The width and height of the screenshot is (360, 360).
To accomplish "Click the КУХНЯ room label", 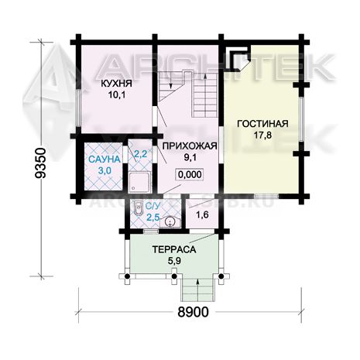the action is [x=116, y=84].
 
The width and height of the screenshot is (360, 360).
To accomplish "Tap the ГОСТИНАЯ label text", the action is [x=262, y=123].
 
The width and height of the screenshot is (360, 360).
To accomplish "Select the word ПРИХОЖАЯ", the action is [x=190, y=146].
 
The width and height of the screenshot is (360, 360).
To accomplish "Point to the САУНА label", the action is [x=105, y=159].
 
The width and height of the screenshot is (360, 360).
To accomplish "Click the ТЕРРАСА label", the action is [x=174, y=249].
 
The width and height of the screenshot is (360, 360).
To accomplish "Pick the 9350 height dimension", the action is [x=40, y=163].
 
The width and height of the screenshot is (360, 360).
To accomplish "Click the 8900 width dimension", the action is [x=193, y=312].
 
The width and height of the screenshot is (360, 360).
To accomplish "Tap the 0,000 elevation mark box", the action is [x=190, y=174].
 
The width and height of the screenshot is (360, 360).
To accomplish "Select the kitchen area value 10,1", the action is [x=117, y=94].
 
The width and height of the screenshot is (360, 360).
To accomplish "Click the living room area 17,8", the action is [x=262, y=135].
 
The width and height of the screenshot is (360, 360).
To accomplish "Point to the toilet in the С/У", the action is [x=139, y=207].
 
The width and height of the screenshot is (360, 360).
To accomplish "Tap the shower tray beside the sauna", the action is [x=139, y=183].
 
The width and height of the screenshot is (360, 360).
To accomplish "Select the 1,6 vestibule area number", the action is [x=203, y=214].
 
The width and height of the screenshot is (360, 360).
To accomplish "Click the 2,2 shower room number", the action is [x=141, y=154].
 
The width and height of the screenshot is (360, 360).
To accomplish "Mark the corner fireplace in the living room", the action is [x=237, y=61].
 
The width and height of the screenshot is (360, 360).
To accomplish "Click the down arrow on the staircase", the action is [x=170, y=81].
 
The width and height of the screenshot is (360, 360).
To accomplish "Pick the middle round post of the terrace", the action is [x=174, y=276].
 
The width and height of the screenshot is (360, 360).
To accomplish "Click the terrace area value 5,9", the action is [x=174, y=261].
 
